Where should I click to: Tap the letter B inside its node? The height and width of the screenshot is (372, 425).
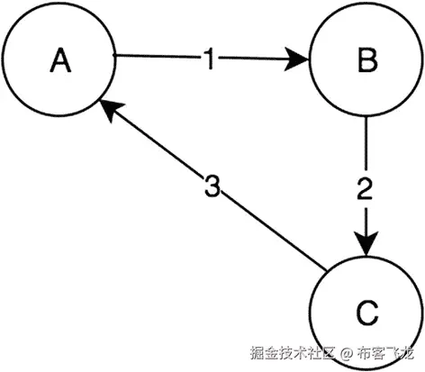[366, 60]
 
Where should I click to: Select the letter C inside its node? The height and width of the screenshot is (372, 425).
[366, 313]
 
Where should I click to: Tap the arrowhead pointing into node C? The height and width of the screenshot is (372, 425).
[366, 245]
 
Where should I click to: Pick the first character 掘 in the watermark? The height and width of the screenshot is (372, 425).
[258, 353]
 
